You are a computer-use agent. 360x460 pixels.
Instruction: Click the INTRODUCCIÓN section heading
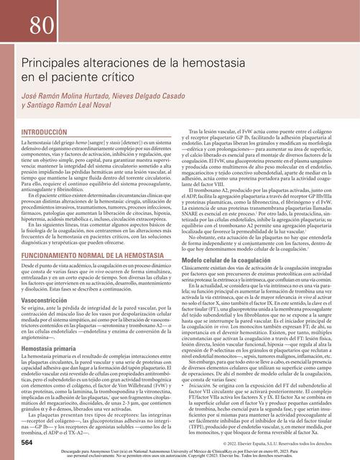pos(51,133)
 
